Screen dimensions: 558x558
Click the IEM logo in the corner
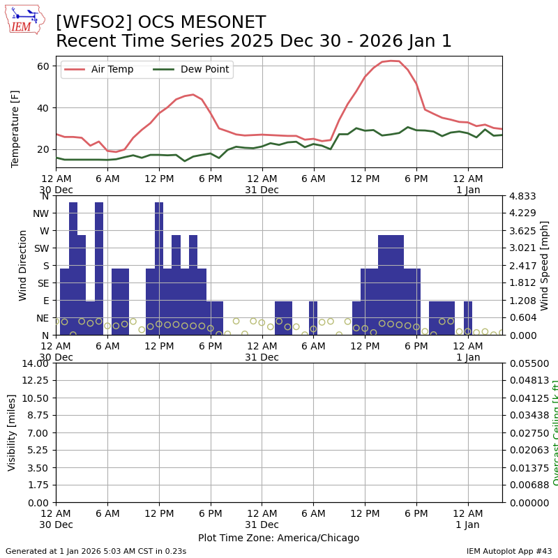coord(24,20)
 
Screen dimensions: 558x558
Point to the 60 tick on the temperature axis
coord(43,66)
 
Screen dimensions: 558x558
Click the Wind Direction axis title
coord(23,265)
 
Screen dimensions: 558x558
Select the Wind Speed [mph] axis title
coord(545,265)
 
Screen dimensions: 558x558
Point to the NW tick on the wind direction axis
coord(42,213)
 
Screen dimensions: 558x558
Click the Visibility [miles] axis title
coord(12,432)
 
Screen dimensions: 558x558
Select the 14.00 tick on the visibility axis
coord(35,363)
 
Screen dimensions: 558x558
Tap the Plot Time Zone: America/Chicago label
coord(278,538)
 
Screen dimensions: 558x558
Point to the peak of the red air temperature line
coord(391,61)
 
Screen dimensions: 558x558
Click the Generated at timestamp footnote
coord(96,551)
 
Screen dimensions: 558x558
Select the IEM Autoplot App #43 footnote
coord(509,551)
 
